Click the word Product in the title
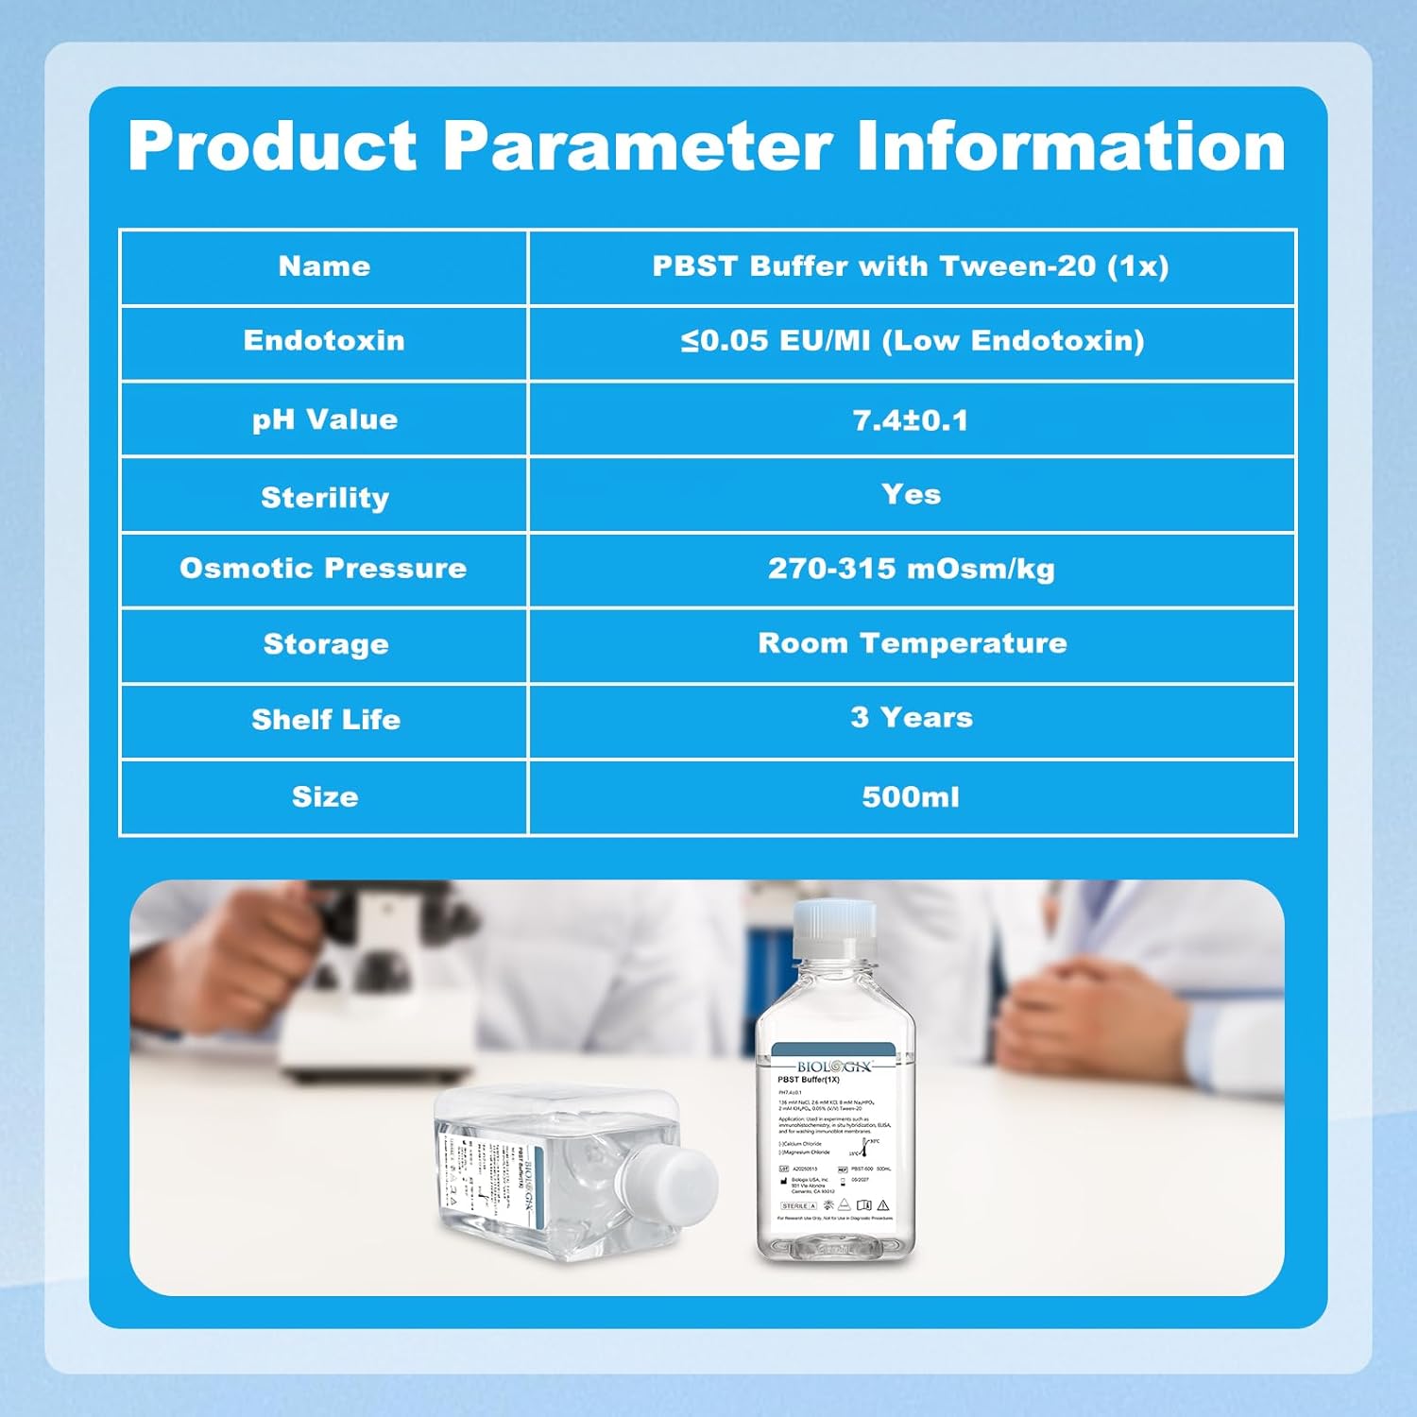(272, 146)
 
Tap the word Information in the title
(1070, 146)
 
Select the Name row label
(324, 266)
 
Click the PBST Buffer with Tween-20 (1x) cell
(911, 266)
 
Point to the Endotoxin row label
(324, 341)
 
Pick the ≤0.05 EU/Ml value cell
(911, 341)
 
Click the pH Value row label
(324, 419)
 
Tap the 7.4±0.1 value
(911, 420)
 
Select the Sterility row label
(324, 497)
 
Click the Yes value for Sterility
(911, 494)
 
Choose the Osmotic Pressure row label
(324, 569)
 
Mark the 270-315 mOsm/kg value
(911, 569)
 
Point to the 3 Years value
(911, 718)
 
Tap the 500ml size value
(911, 797)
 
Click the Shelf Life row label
(326, 720)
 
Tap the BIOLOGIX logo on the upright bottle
(833, 1067)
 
